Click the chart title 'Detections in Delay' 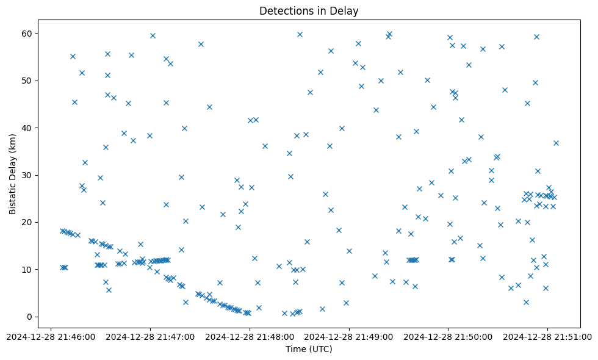[x=309, y=10]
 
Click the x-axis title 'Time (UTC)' [x=309, y=349]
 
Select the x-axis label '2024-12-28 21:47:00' [x=150, y=336]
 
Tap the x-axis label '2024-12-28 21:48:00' [x=250, y=336]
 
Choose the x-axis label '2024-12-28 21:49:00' [x=349, y=336]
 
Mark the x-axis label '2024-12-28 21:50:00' [x=448, y=336]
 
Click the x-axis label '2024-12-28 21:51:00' [x=548, y=336]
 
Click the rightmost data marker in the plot [x=556, y=143]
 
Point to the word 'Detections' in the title [x=286, y=10]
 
